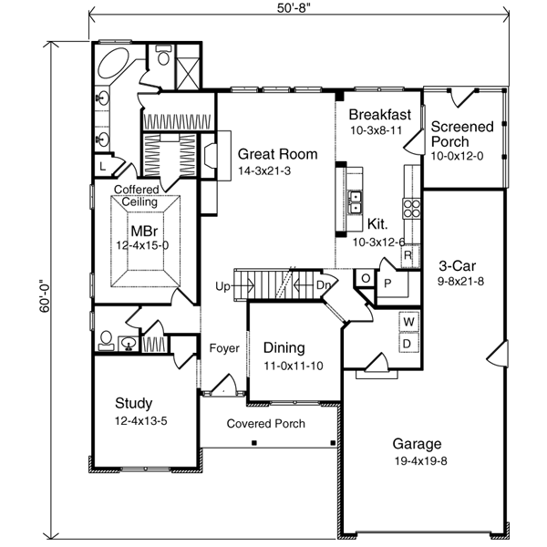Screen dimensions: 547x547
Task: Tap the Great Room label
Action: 272,154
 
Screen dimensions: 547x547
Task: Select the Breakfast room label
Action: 380,115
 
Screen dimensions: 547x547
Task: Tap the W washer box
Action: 408,322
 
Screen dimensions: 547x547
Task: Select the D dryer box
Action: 408,344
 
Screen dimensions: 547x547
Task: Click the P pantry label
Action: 387,284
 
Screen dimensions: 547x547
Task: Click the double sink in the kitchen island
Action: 353,200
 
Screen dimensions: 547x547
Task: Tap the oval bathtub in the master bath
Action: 116,67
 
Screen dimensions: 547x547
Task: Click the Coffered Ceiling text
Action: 136,195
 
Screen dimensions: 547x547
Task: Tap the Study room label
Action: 133,403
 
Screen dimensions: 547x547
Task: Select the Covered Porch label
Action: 265,424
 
